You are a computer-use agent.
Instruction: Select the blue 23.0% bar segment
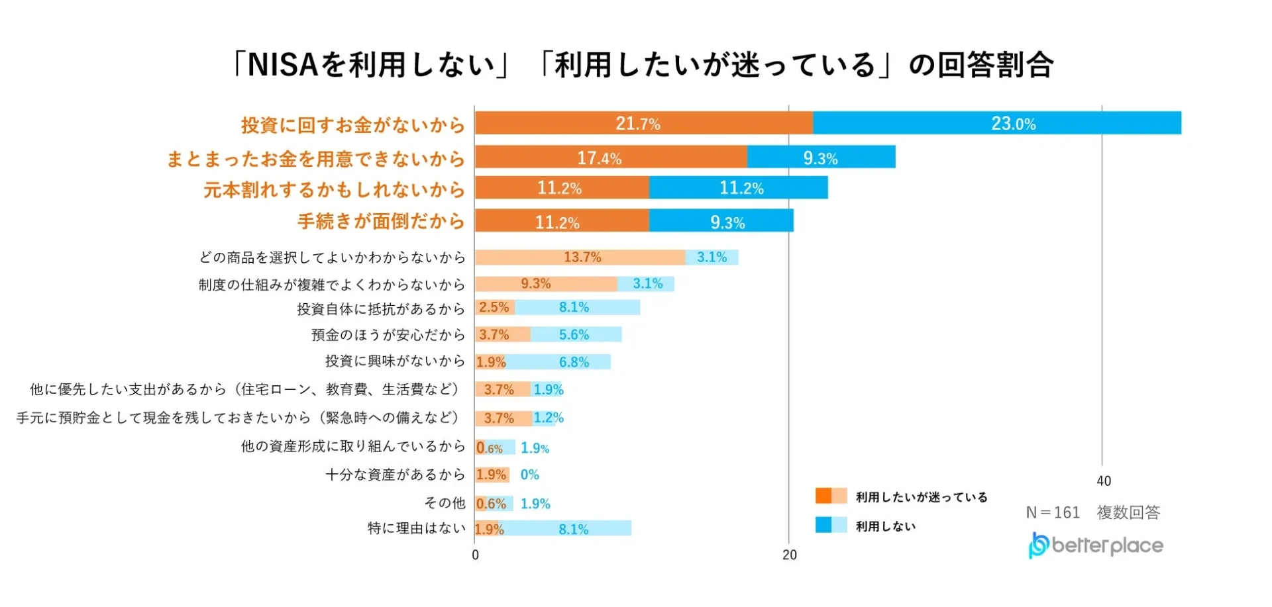click(996, 123)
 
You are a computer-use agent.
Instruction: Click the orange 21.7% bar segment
click(643, 123)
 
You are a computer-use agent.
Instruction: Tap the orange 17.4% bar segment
click(610, 158)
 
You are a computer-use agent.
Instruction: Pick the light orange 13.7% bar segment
click(580, 257)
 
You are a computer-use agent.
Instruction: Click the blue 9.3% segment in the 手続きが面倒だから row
click(721, 221)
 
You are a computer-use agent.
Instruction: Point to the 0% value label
click(529, 475)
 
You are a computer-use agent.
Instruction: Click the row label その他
click(445, 503)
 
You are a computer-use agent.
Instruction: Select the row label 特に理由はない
click(416, 528)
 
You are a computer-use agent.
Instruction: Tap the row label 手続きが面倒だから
click(381, 221)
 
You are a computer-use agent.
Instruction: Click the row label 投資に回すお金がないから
click(352, 124)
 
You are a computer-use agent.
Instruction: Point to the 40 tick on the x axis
click(1104, 481)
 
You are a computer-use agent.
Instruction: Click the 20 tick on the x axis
click(789, 555)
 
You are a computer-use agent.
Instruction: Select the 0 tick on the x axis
click(475, 555)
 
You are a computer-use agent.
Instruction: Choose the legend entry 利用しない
click(885, 526)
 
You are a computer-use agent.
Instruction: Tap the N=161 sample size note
click(1053, 512)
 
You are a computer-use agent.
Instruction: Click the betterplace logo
click(1096, 545)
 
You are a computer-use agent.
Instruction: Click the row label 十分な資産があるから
click(395, 475)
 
